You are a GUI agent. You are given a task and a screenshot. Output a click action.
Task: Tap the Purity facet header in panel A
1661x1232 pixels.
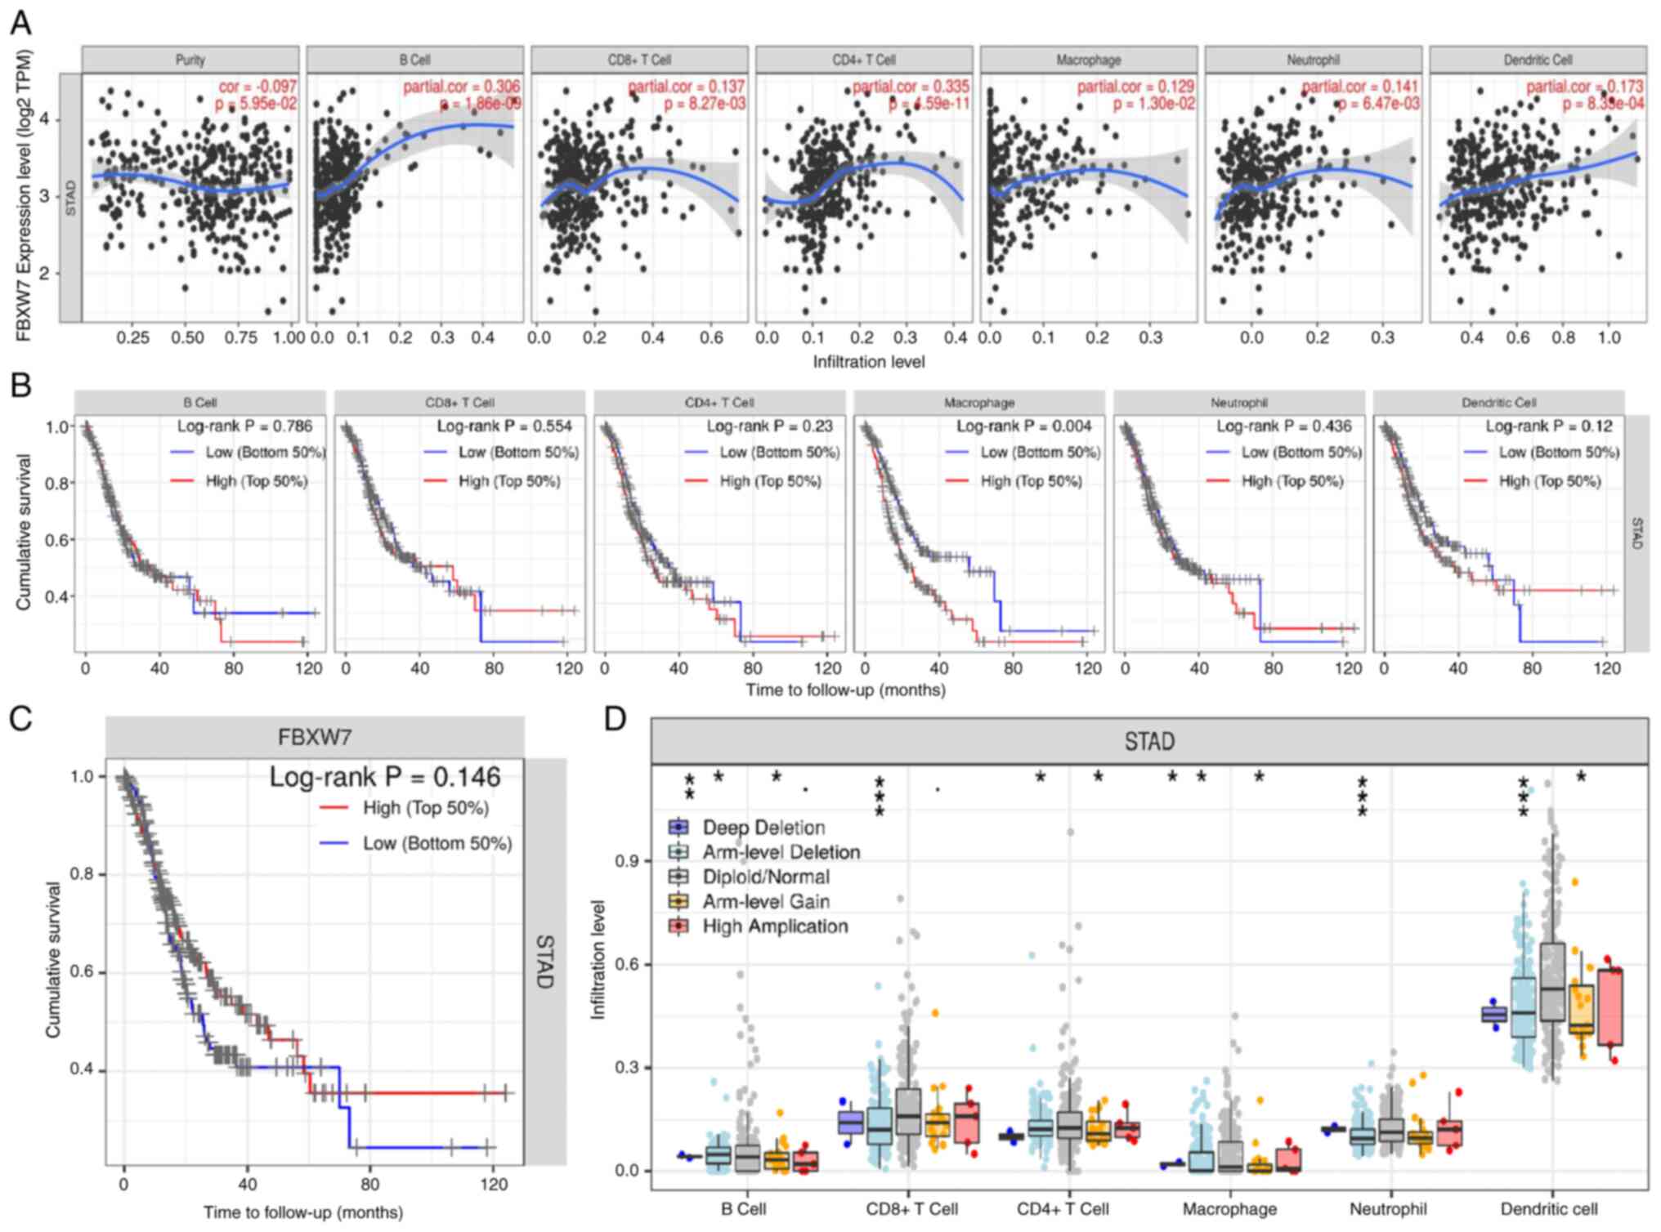(190, 60)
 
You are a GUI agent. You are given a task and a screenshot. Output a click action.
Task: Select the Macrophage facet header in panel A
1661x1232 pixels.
(1088, 60)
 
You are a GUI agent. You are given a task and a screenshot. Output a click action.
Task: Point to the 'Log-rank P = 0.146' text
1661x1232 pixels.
(385, 776)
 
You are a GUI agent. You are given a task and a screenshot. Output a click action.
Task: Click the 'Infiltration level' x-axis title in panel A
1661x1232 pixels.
(868, 361)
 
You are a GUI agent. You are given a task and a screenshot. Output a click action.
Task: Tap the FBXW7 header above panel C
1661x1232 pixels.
(315, 737)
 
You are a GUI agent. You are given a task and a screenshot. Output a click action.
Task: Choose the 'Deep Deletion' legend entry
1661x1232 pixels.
(763, 828)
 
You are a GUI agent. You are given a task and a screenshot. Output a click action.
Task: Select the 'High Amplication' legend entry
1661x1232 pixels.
(775, 926)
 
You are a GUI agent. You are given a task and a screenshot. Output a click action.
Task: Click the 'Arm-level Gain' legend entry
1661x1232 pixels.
(766, 902)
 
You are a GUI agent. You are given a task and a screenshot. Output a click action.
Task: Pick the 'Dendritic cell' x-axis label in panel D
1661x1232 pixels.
(1548, 1209)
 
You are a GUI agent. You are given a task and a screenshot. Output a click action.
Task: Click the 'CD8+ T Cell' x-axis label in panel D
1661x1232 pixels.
(911, 1209)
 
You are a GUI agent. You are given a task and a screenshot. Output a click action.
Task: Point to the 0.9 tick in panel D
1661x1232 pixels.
(627, 861)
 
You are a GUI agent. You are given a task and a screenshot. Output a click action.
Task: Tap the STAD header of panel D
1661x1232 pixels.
(1149, 741)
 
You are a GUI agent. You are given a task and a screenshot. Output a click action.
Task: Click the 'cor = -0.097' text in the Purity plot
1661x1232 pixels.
(257, 86)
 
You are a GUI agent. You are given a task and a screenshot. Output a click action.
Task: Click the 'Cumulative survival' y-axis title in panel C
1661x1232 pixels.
(54, 959)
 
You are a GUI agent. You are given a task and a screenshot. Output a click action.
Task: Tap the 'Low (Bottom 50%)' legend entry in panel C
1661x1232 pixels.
(437, 843)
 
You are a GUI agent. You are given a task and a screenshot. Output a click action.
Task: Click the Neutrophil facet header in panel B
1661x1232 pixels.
(1238, 403)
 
